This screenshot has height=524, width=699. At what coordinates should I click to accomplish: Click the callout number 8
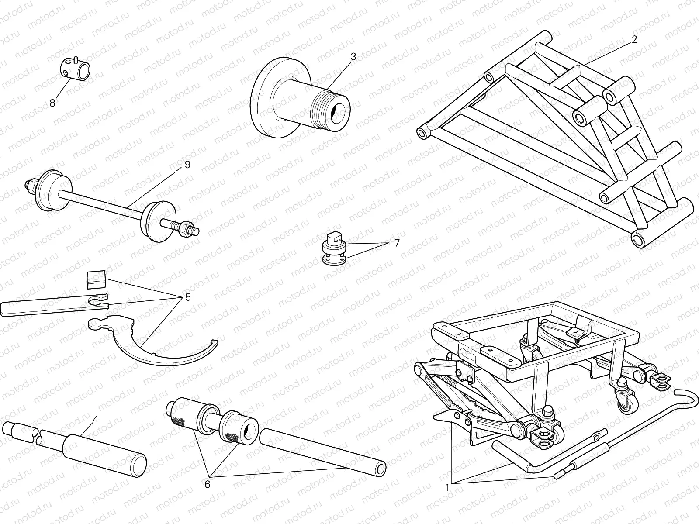coord(52,103)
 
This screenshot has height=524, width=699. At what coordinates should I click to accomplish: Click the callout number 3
coord(353,56)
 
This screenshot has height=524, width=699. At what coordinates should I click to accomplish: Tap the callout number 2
coord(634,39)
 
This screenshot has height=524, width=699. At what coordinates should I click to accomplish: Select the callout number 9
coord(187,165)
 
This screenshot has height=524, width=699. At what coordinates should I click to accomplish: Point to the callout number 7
coord(397,243)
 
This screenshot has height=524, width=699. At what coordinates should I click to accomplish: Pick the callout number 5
coord(188,297)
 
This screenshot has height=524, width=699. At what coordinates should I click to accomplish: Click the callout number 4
coord(96,419)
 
